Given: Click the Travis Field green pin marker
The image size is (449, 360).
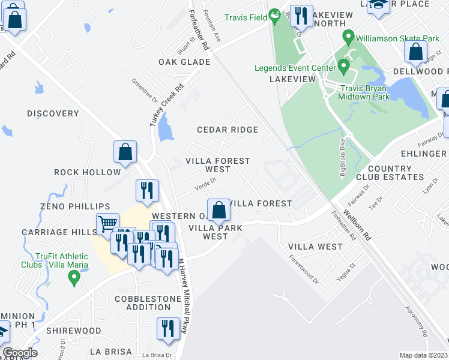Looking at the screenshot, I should (274, 16).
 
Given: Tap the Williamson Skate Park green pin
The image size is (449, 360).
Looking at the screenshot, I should (348, 38).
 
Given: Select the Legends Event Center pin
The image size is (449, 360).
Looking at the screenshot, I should (343, 65).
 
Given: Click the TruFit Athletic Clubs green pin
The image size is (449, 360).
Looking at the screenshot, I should (74, 278).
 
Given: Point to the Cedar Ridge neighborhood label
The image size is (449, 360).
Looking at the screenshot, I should (228, 130).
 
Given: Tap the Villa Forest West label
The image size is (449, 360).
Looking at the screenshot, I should (217, 165).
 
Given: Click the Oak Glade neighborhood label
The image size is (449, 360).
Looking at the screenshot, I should (184, 62).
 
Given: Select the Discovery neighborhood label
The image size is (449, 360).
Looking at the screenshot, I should (53, 113).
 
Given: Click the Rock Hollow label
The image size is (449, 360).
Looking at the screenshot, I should (88, 172).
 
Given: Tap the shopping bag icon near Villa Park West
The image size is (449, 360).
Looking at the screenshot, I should (219, 211).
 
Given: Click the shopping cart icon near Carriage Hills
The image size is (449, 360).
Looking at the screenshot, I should (107, 224).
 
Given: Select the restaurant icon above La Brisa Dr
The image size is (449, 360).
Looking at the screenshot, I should (167, 329).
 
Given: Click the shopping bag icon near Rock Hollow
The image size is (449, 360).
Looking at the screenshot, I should (125, 152).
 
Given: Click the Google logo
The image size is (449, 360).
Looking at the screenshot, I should (19, 353).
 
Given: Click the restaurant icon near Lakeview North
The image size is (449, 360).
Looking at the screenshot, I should (301, 16).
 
